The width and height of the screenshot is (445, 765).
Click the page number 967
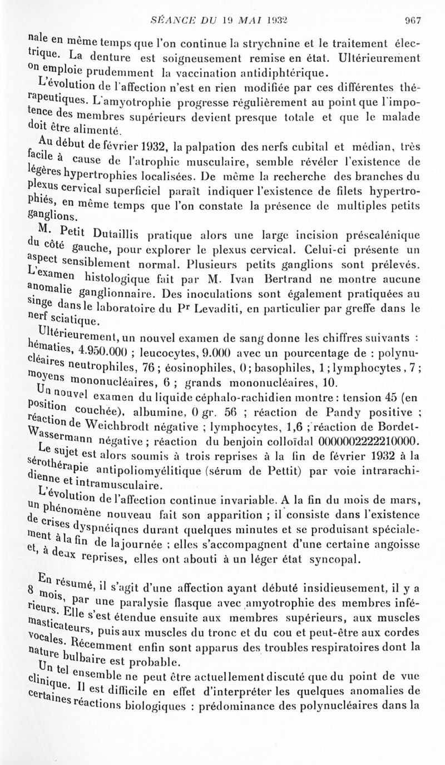point(412,20)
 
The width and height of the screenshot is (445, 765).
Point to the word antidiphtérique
point(284,72)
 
